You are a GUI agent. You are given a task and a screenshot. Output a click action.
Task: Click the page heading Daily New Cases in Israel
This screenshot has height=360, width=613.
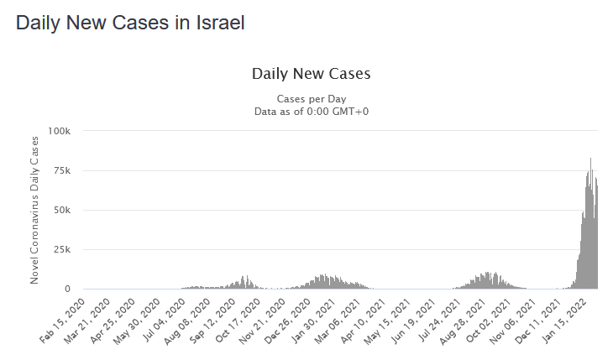[x=130, y=23]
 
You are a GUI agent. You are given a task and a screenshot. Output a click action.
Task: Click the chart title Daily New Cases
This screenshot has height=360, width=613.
[x=311, y=74]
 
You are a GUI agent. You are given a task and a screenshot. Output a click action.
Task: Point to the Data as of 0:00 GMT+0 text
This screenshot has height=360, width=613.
[x=311, y=111]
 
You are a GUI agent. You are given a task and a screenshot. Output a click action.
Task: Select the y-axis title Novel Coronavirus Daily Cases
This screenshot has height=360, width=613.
[x=34, y=210]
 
